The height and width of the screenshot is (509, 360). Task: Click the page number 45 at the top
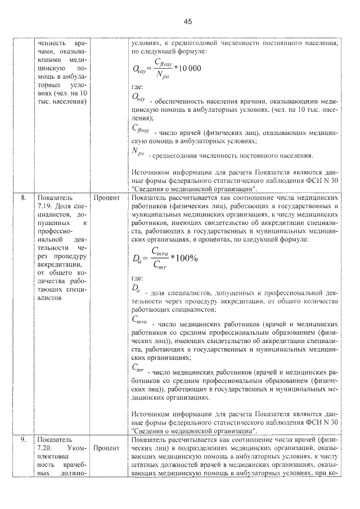(x=188, y=21)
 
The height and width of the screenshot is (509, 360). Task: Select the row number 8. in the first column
(x=24, y=199)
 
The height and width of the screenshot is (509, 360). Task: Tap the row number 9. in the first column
(x=24, y=439)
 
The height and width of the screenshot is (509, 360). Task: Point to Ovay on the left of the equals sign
(x=139, y=69)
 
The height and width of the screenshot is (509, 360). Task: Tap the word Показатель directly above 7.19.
(x=52, y=199)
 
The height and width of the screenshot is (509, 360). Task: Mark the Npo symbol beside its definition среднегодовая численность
(x=138, y=151)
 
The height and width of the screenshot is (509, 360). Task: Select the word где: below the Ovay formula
(x=137, y=87)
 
